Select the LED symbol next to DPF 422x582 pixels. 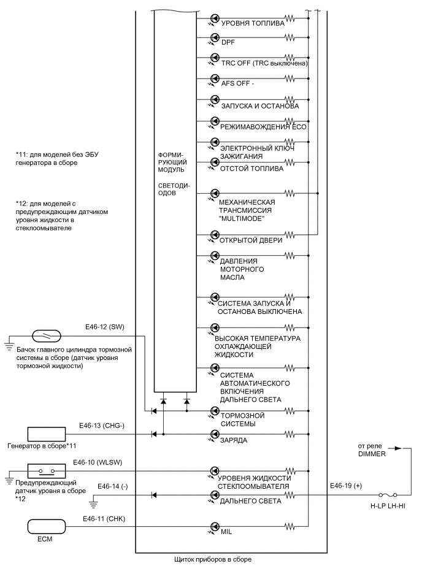[215, 38]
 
